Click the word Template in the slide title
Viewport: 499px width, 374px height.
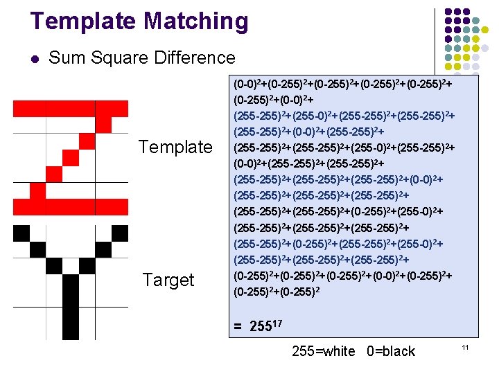click(x=75, y=22)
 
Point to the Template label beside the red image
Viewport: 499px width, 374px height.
click(x=175, y=147)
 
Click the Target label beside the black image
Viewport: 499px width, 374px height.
click(x=168, y=280)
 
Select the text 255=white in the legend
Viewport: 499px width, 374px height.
click(x=324, y=351)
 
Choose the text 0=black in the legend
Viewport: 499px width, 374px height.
click(x=389, y=351)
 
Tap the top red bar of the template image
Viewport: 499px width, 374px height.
click(x=62, y=108)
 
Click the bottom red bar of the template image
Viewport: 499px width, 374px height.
click(x=62, y=206)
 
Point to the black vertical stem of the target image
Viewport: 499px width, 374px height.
click(x=71, y=305)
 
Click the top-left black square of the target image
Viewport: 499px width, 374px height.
click(x=21, y=233)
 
